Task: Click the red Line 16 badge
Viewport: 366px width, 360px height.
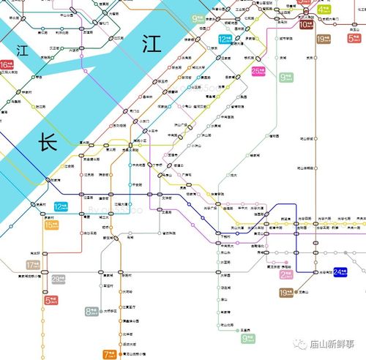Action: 7,65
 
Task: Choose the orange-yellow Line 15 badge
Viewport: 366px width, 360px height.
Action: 51,225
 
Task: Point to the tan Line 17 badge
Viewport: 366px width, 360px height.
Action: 32,265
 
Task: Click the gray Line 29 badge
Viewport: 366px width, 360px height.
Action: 58,279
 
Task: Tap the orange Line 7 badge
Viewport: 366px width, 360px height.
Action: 110,354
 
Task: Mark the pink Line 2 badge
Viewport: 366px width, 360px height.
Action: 286,275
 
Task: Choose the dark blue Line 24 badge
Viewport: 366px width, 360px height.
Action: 341,272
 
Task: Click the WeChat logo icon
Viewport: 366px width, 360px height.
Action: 296,342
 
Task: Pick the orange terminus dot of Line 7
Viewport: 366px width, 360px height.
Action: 122,354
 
